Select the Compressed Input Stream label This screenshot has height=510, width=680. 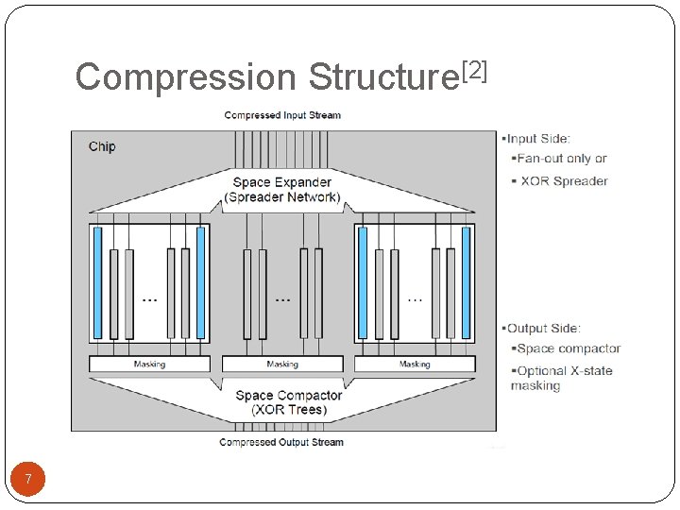[282, 115]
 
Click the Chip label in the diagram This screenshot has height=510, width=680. [102, 146]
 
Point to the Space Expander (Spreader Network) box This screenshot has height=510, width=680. [282, 190]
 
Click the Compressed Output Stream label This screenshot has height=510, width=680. [281, 442]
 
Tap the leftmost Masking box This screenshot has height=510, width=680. [149, 364]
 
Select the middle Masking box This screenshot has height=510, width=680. [281, 364]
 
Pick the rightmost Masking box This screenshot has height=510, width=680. [415, 364]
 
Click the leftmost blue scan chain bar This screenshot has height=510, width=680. [97, 282]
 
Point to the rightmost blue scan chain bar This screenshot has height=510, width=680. [466, 282]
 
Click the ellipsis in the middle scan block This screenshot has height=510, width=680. [281, 299]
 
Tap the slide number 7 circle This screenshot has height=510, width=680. [28, 480]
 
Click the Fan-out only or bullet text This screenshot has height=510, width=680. [561, 159]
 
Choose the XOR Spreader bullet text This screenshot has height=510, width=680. [564, 181]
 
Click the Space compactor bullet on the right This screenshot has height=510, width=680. [567, 348]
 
